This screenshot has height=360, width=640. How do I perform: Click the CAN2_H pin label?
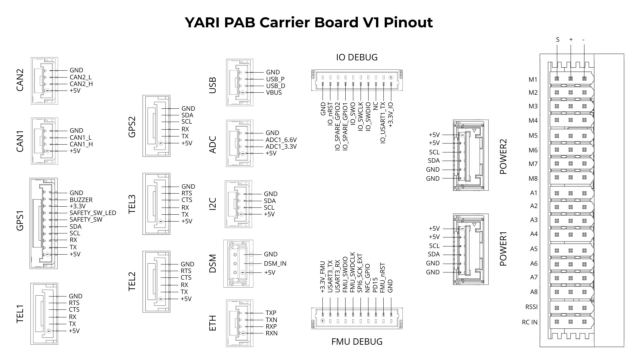(81, 84)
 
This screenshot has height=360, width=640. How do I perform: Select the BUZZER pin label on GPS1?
(81, 200)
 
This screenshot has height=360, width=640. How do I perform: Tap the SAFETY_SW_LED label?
(93, 213)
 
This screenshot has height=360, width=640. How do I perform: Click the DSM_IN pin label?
(275, 264)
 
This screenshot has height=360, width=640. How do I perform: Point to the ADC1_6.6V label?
(281, 140)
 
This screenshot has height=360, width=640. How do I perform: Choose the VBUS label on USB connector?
(274, 93)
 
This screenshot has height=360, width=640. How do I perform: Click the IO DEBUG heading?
(357, 57)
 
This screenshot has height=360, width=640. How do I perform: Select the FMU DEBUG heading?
(357, 342)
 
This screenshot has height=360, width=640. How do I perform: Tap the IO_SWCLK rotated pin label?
(361, 117)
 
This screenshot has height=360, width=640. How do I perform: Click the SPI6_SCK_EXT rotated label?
(360, 273)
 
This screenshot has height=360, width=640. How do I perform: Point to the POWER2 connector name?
(503, 157)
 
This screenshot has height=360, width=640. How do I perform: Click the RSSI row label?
(531, 307)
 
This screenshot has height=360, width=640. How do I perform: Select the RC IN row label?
(530, 322)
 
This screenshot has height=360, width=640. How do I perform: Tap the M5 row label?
(533, 136)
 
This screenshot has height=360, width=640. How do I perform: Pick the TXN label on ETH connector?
(271, 320)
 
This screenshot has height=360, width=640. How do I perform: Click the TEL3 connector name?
(132, 204)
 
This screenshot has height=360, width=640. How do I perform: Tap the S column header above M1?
(558, 40)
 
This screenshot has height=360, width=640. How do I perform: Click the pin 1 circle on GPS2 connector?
(161, 143)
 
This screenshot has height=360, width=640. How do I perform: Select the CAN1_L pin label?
(80, 138)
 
